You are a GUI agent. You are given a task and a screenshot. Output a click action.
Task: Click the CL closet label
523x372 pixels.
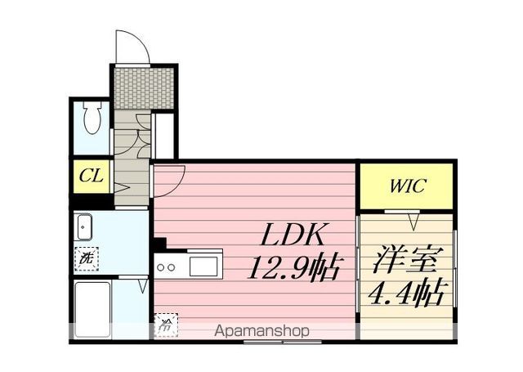(x=91, y=176)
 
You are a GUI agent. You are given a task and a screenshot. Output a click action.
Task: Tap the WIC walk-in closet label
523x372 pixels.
(x=407, y=186)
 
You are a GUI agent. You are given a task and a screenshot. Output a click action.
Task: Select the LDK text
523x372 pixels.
(x=293, y=235)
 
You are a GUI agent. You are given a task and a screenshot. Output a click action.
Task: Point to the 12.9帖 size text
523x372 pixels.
(x=294, y=267)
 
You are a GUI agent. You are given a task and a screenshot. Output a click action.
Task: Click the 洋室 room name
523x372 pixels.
(x=405, y=260)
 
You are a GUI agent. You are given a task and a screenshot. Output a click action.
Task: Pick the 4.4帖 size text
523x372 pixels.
(x=406, y=293)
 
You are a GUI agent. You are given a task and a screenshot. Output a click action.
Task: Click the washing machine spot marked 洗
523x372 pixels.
(x=86, y=258)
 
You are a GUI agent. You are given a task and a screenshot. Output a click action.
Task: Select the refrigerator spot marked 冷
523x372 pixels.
(x=166, y=325)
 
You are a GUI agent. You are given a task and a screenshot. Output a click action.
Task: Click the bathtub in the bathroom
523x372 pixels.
(x=92, y=310)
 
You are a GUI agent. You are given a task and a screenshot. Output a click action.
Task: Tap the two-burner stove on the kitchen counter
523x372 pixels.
(x=166, y=267)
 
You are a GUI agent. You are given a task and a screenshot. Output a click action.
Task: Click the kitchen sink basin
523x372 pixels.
(x=203, y=266)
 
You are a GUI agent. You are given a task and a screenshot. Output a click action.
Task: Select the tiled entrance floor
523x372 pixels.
(x=144, y=87)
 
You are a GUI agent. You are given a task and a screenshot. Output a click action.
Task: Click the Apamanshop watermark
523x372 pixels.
(x=261, y=331)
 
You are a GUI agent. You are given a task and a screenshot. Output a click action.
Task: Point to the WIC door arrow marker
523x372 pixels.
(x=413, y=222)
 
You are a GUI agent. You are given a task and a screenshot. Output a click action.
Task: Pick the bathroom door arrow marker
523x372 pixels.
(x=143, y=286)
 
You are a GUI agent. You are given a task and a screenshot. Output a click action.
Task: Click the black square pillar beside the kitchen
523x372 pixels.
(x=160, y=244)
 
